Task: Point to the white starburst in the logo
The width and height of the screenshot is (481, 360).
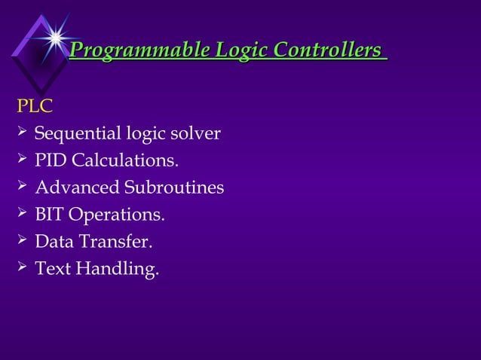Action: coord(54,36)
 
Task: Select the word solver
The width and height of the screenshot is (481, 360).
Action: coord(195,134)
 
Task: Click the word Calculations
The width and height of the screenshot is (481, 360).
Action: coord(125,161)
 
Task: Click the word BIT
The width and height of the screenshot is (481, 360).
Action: coord(50,215)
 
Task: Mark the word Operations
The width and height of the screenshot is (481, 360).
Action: coord(117,215)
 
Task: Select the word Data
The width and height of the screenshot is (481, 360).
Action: coord(52,242)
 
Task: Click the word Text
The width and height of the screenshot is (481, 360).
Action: coord(51,269)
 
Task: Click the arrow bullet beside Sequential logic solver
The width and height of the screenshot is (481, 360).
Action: coord(22,133)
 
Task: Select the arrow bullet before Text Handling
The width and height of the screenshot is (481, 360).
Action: coord(22,267)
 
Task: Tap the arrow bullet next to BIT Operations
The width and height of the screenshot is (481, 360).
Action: coord(22,214)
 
